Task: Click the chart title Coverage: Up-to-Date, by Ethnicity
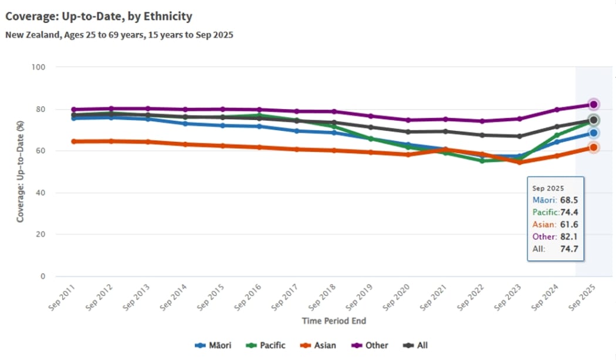(99, 16)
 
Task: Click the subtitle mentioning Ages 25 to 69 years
(119, 35)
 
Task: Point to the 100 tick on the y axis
(39, 67)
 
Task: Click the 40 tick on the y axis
(41, 193)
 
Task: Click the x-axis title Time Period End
(334, 321)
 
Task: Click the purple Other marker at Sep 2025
(593, 104)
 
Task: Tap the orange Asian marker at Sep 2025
(593, 147)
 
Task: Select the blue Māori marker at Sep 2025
(593, 133)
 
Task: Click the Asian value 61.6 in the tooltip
(569, 225)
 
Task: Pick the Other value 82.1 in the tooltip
(569, 237)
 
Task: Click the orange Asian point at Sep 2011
(74, 141)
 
